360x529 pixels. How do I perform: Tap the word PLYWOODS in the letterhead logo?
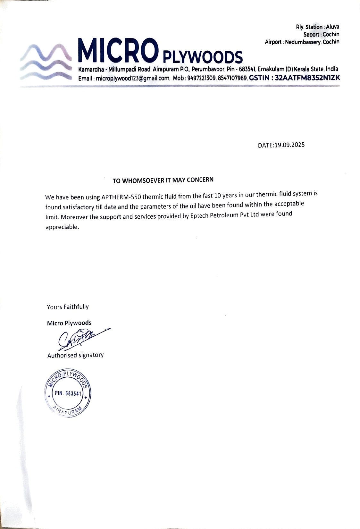point(203,57)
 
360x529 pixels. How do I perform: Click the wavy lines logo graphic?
point(46,62)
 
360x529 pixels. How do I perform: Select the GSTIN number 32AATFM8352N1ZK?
point(307,78)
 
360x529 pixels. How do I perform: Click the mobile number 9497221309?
point(202,78)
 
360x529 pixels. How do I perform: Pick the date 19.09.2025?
point(289,145)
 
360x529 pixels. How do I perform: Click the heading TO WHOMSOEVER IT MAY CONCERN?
point(163,180)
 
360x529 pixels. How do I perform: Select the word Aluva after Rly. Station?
point(332,27)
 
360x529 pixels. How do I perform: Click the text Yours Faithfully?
point(68,307)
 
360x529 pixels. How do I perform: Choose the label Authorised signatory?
point(75,355)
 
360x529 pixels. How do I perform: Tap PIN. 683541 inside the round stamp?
point(68,393)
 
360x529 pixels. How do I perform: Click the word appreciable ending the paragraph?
point(62,227)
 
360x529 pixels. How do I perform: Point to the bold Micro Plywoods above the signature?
point(69,323)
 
